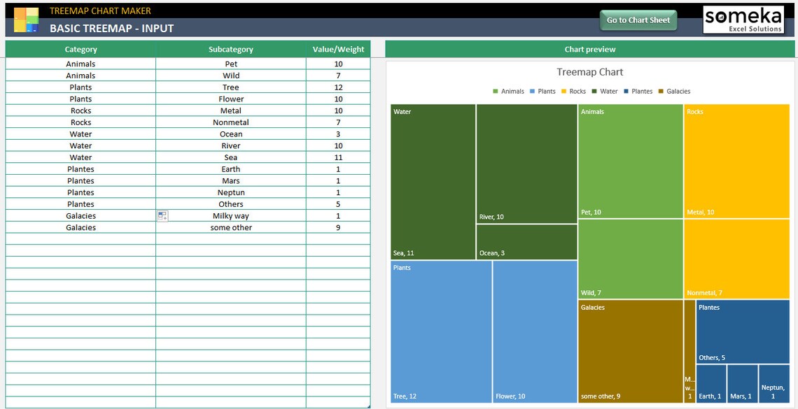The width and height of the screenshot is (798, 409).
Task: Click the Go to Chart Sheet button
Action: pyautogui.click(x=638, y=20)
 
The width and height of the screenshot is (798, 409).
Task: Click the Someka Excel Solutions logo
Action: pyautogui.click(x=743, y=20)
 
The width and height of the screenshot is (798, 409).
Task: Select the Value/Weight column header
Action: pyautogui.click(x=339, y=50)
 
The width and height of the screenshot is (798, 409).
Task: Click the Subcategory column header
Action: pyautogui.click(x=230, y=50)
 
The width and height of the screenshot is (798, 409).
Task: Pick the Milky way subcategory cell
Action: pyautogui.click(x=231, y=216)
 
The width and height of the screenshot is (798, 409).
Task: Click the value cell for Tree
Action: pyautogui.click(x=338, y=87)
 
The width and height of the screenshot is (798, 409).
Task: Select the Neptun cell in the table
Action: pyautogui.click(x=231, y=192)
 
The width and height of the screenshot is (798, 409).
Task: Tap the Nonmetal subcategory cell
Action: pyautogui.click(x=231, y=122)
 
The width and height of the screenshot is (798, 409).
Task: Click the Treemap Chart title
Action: pyautogui.click(x=589, y=72)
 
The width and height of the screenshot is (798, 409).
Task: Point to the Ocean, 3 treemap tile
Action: pyautogui.click(x=526, y=242)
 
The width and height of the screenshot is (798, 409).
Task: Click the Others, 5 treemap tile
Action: pyautogui.click(x=742, y=331)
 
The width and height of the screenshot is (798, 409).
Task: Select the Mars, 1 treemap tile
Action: pyautogui.click(x=742, y=384)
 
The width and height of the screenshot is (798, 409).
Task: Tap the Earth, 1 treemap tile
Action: pyautogui.click(x=710, y=384)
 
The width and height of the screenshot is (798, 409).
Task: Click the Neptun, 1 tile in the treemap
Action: pyautogui.click(x=773, y=384)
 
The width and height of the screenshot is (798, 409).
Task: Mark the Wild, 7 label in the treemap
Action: pyautogui.click(x=591, y=293)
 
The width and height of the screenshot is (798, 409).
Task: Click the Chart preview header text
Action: pyautogui.click(x=589, y=50)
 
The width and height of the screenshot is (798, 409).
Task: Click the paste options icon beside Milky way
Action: pyautogui.click(x=162, y=216)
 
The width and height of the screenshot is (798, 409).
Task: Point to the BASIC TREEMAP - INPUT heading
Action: pyautogui.click(x=112, y=29)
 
